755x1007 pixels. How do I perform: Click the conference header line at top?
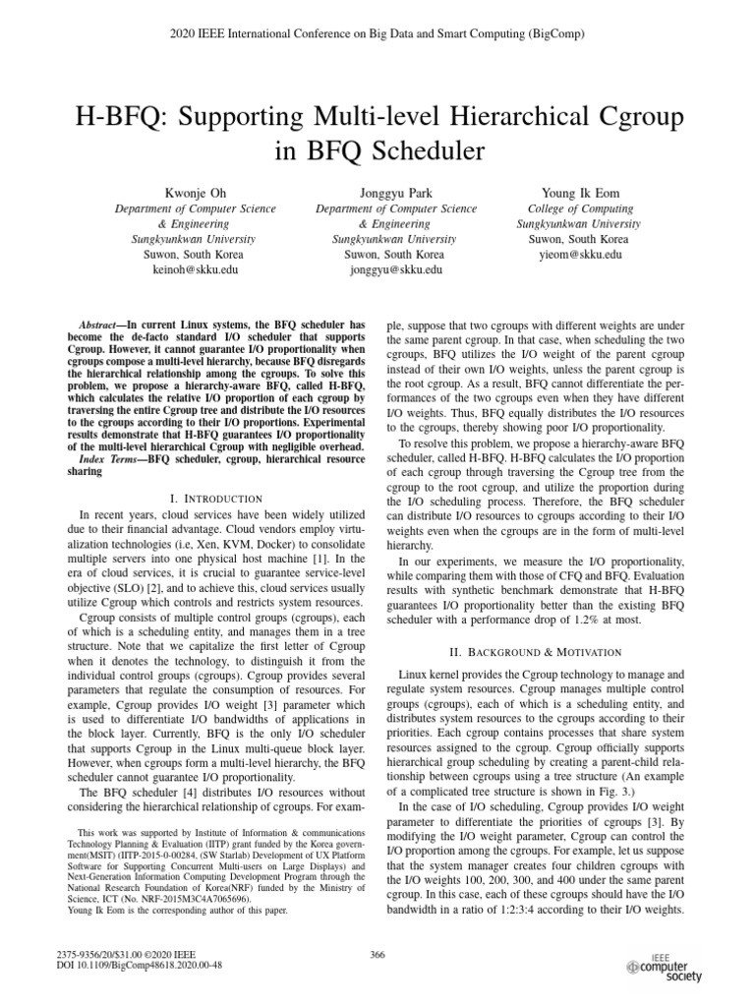(377, 34)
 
